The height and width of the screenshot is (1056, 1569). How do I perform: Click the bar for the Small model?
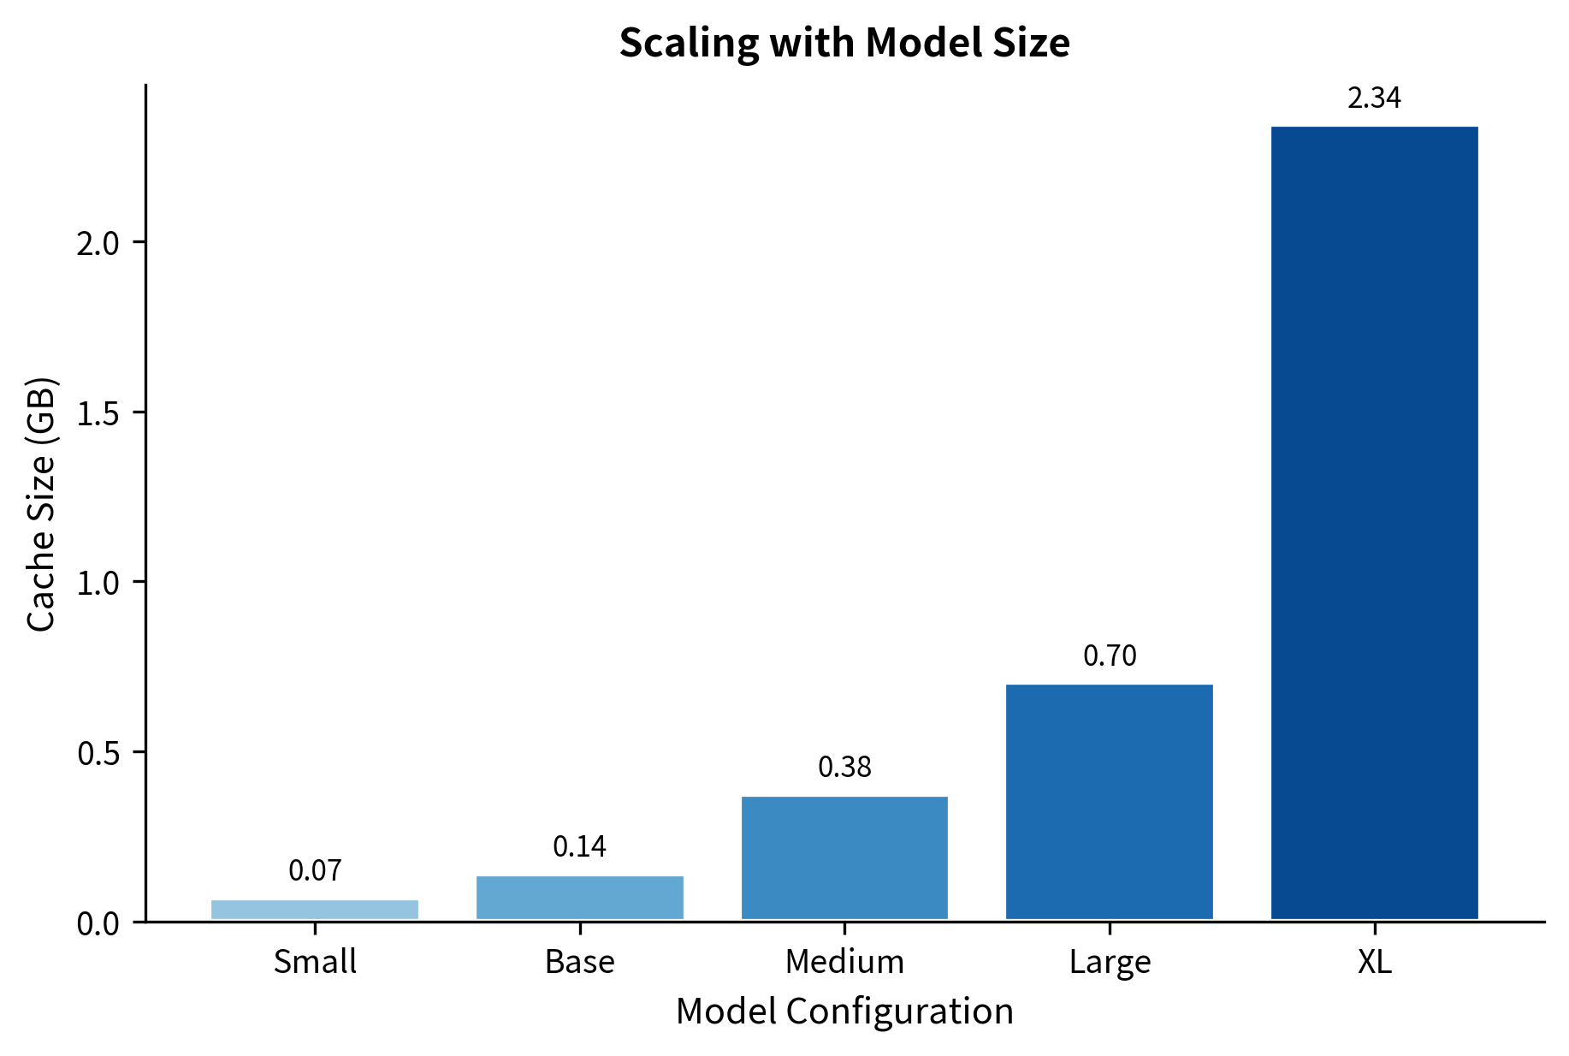[x=315, y=910]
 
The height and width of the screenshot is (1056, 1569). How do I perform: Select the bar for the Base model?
[x=580, y=898]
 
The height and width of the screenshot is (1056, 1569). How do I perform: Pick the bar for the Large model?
[x=1110, y=802]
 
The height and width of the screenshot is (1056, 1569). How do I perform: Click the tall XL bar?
[x=1374, y=523]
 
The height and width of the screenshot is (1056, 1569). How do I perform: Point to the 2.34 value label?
[x=1374, y=98]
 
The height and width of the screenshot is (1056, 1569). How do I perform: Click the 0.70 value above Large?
[x=1110, y=656]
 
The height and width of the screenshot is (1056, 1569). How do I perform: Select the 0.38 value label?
[x=844, y=768]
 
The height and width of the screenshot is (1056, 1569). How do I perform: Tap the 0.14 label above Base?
[x=580, y=846]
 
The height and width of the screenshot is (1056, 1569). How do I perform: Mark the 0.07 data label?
[x=315, y=870]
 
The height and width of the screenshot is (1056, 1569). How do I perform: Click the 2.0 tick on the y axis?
[x=99, y=243]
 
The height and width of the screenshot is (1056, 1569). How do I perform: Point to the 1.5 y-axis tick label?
[x=99, y=413]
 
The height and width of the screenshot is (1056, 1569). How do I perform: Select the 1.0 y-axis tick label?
[x=99, y=583]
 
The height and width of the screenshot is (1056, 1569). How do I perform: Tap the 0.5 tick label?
[x=99, y=753]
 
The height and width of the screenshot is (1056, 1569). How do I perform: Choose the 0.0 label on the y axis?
[x=99, y=923]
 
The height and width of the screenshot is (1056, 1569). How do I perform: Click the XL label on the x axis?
[x=1374, y=962]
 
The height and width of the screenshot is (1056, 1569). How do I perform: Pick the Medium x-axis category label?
[x=844, y=962]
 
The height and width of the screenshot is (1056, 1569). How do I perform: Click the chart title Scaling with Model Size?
[x=844, y=43]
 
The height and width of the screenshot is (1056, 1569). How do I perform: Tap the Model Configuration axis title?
[x=844, y=1012]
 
